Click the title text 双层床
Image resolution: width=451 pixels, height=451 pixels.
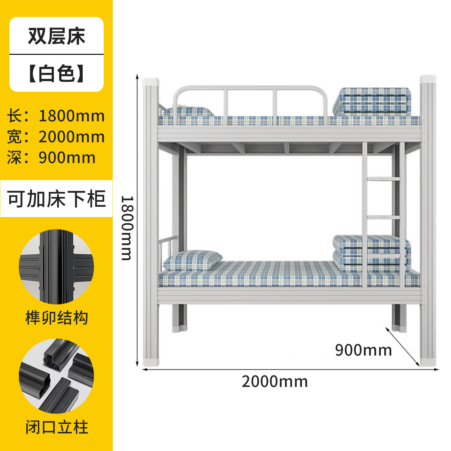(x=56, y=36)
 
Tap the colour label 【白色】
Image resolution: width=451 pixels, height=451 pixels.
(x=56, y=74)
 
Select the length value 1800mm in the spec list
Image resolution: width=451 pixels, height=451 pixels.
(x=71, y=116)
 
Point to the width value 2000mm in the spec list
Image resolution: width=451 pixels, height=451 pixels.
(x=71, y=137)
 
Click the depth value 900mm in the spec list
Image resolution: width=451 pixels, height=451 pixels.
(x=67, y=158)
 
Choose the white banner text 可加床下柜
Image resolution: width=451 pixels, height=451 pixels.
(x=56, y=199)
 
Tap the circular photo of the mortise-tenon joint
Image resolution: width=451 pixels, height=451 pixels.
(x=56, y=267)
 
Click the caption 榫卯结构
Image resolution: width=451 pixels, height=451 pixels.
(x=56, y=318)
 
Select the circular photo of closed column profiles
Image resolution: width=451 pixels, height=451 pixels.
(x=56, y=376)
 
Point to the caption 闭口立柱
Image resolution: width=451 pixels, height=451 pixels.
(x=56, y=428)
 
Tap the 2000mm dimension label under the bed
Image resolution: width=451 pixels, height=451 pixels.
(x=275, y=381)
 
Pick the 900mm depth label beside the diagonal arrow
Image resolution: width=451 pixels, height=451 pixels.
(x=363, y=350)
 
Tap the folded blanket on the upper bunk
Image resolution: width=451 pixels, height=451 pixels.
(x=372, y=101)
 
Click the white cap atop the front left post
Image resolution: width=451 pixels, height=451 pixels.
(x=151, y=83)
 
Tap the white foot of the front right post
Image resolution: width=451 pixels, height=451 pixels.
(x=428, y=362)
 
